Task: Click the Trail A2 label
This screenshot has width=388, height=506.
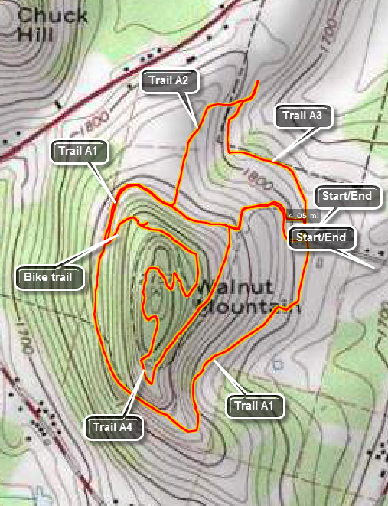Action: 165,79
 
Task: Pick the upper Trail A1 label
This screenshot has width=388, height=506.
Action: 79,151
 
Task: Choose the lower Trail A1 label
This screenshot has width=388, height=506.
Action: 256,406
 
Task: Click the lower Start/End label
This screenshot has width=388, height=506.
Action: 322,237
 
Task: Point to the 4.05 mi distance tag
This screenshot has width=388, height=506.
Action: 302,215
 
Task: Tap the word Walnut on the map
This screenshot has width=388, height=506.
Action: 223,289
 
